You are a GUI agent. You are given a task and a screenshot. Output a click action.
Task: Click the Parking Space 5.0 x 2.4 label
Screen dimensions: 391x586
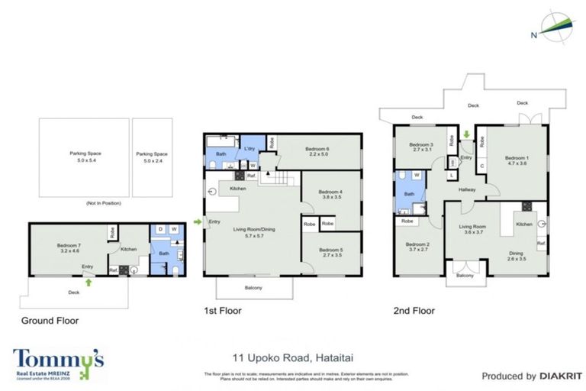tap(150, 157)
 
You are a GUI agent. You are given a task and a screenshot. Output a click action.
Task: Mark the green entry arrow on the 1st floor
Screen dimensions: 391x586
tap(198, 222)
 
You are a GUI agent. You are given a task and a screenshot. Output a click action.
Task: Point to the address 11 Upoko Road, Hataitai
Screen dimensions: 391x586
tap(293, 357)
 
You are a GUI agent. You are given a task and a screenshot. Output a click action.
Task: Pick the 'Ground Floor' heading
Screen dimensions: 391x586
tap(50, 321)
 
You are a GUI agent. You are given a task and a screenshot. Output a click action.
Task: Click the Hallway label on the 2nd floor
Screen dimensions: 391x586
tap(467, 190)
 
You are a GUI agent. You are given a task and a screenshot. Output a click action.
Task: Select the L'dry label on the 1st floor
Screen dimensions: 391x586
tap(250, 148)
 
